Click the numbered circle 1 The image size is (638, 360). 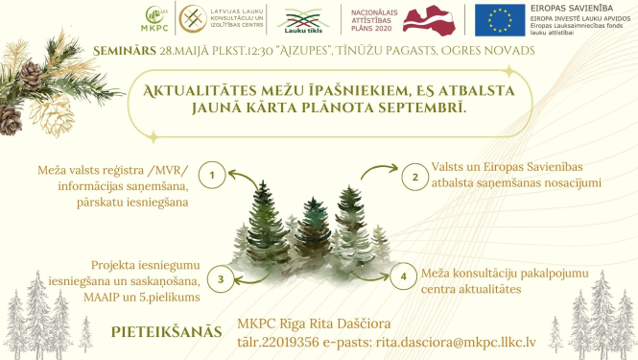pyautogui.click(x=212, y=176)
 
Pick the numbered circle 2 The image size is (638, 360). pyautogui.click(x=414, y=176)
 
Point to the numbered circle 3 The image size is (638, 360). pyautogui.click(x=221, y=279)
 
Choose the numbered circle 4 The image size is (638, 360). pyautogui.click(x=405, y=276)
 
